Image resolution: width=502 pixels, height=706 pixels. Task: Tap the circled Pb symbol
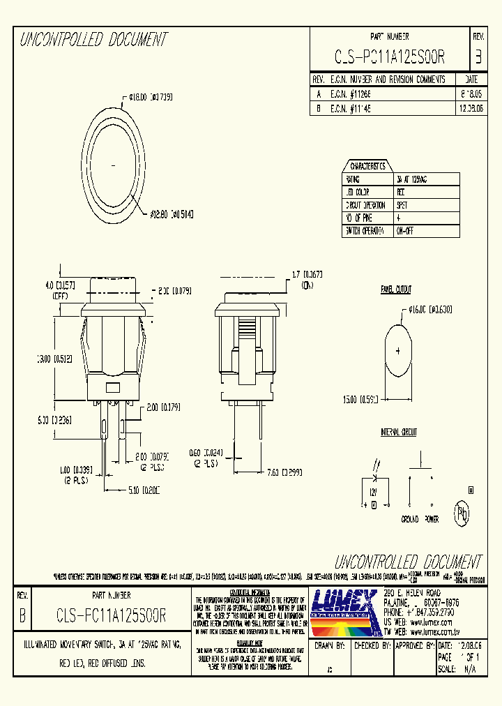point(462,515)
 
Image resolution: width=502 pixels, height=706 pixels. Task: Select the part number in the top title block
point(390,57)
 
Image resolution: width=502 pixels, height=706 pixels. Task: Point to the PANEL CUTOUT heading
point(395,290)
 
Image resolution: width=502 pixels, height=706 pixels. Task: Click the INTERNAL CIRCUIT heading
point(398,433)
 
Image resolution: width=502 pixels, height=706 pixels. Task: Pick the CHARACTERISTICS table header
point(367,166)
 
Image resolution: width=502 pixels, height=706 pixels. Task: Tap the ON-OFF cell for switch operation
point(404,231)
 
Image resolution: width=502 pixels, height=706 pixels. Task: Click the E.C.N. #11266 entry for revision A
point(352,92)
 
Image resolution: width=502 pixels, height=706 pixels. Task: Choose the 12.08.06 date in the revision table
point(471,109)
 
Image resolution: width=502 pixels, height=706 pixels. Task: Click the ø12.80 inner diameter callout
point(171,214)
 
